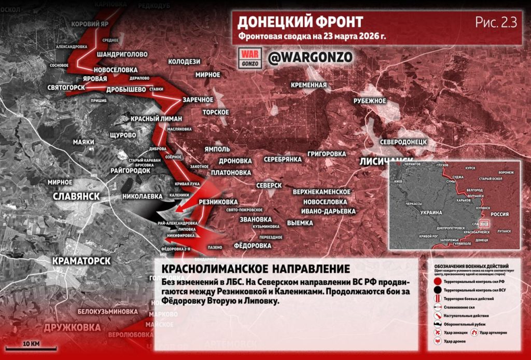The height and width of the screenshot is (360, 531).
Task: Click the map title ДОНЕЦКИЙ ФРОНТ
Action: (300, 22)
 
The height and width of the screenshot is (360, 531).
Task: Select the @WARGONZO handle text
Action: (310, 58)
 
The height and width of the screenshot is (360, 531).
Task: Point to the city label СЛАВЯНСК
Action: (77, 196)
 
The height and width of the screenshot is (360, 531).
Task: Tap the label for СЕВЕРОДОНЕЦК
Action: (403, 141)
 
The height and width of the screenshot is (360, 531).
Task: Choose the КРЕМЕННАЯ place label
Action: (309, 85)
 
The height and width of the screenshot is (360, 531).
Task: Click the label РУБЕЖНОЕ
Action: (370, 101)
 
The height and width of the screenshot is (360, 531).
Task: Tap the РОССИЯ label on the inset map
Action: (500, 214)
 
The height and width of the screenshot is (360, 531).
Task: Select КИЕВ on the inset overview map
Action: (399, 182)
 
